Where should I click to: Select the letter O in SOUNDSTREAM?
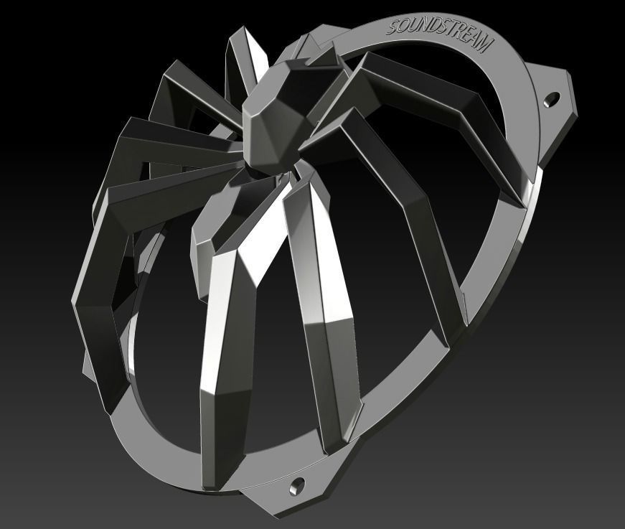(x=403, y=25)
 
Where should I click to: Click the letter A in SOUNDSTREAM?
(x=476, y=39)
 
